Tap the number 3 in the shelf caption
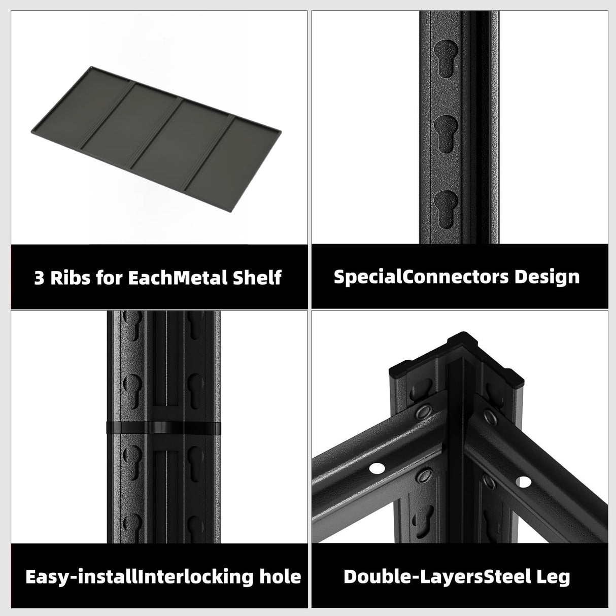39,278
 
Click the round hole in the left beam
377,468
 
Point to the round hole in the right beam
522,480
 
